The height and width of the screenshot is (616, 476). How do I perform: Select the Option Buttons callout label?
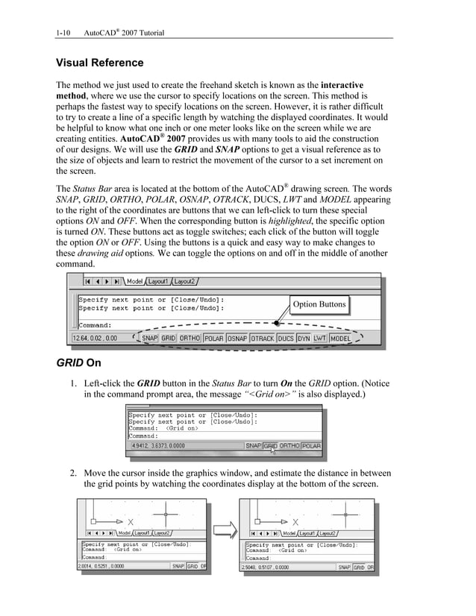pos(319,304)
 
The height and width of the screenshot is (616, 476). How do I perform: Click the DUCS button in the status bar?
pos(285,338)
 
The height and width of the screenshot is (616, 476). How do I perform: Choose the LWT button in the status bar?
pos(319,338)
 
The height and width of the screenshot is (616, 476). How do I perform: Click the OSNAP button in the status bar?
pos(237,338)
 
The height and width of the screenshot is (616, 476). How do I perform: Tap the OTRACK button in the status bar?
pos(263,338)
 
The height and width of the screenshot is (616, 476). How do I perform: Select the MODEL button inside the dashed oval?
pos(341,338)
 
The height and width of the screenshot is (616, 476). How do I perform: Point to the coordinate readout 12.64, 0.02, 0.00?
pos(95,338)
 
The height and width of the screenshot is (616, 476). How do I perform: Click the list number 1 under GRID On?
pos(74,383)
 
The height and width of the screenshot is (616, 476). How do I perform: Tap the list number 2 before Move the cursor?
pos(74,474)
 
